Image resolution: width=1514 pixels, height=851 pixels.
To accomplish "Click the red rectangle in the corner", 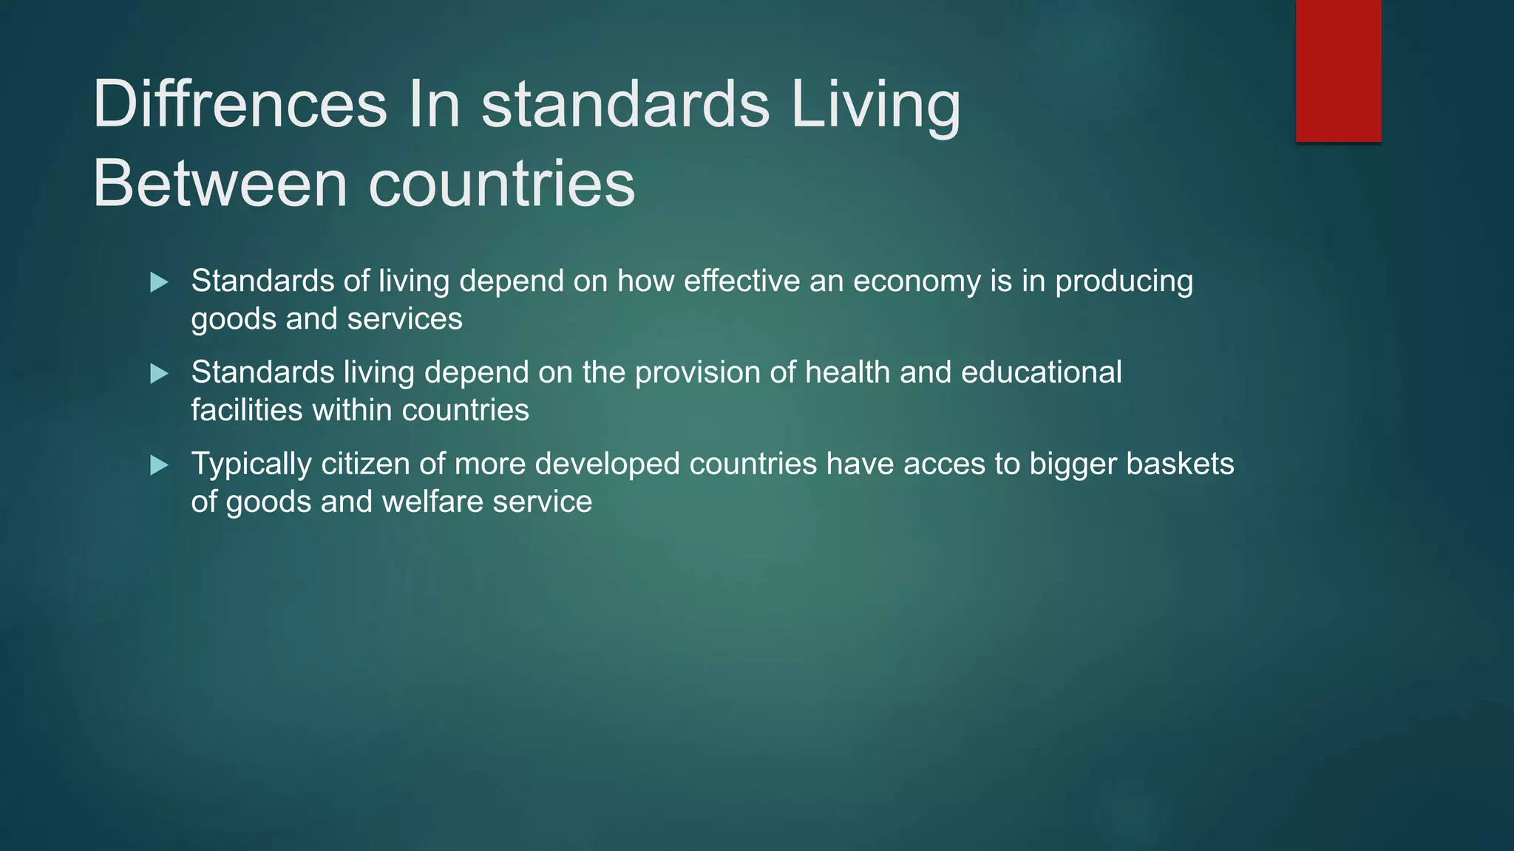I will (1338, 70).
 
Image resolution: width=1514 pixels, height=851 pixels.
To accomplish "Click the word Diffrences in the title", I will (240, 104).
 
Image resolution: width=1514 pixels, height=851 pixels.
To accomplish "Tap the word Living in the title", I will (875, 104).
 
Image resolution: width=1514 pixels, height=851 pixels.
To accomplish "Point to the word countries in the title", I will (502, 184).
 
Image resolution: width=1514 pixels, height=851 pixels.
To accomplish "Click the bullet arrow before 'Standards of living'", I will (159, 282).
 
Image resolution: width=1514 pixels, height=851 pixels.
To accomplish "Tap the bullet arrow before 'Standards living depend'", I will (159, 374).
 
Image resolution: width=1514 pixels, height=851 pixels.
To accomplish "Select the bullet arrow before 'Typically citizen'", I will (159, 465).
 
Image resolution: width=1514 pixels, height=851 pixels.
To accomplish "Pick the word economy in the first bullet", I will (917, 282).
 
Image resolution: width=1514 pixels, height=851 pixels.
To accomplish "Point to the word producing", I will (1124, 282).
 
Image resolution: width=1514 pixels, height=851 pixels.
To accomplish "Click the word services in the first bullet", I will (404, 319).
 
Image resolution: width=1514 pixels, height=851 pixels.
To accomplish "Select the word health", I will (847, 372).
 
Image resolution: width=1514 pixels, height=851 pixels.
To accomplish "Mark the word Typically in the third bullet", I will (251, 465).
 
